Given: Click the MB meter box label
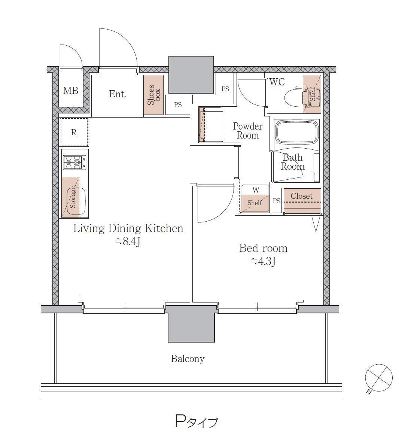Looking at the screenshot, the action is coord(70,91).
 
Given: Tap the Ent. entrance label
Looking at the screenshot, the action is coord(118,94).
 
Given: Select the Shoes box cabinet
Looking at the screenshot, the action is coord(153,95).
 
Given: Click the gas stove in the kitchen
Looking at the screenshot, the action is coord(74,162).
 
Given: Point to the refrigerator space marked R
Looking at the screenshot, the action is coord(73,132).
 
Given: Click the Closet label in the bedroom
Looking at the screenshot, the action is coord(302,196).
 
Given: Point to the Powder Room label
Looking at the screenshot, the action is coord(248,131).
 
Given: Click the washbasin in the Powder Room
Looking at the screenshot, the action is coord(211,125).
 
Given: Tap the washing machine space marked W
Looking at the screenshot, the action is coord(255,198).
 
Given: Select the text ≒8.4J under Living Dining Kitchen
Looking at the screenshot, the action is coord(128,241).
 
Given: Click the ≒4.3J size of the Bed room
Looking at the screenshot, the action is coord(263,261).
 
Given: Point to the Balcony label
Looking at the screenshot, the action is coord(188,358).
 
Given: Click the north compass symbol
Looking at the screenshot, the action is coord(379,378).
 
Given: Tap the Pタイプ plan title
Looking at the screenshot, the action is coord(196,421).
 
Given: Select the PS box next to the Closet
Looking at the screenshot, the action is coord(277,201).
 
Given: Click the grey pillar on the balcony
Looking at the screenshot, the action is coord(191,324).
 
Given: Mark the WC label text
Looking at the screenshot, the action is coord(277,82).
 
